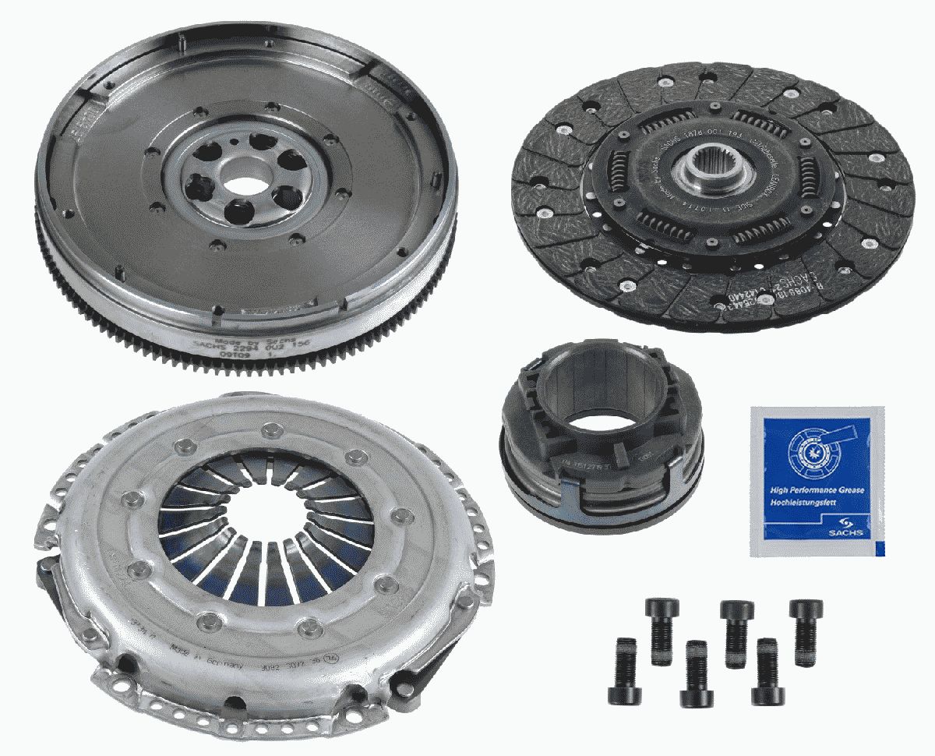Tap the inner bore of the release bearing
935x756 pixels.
[601, 397]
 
